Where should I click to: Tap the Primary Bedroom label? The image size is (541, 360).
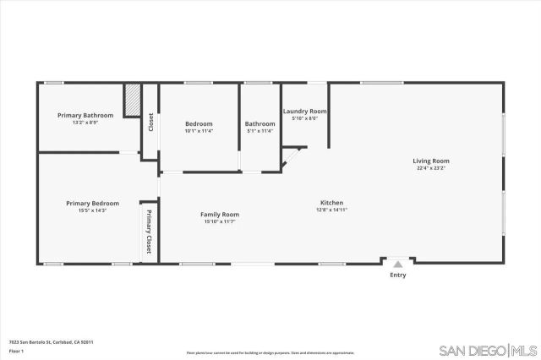click(x=92, y=203)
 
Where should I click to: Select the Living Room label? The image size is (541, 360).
click(x=430, y=161)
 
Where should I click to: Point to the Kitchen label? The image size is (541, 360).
click(x=331, y=203)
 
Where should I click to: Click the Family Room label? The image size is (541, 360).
click(x=219, y=214)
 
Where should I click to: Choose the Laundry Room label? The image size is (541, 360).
click(x=304, y=112)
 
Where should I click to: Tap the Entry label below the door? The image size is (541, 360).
click(x=397, y=275)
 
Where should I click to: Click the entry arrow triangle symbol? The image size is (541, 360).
click(x=397, y=264)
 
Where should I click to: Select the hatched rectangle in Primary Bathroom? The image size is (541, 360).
click(x=132, y=101)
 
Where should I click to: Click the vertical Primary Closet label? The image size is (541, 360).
click(x=149, y=232)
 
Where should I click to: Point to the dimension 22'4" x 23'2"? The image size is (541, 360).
click(x=430, y=168)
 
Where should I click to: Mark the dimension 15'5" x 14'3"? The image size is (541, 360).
click(x=92, y=210)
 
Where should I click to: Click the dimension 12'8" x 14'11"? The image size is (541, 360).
click(x=331, y=210)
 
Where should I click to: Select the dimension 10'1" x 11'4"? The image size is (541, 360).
click(x=199, y=131)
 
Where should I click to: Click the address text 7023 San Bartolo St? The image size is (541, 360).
click(x=50, y=341)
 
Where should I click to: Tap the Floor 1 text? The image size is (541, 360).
click(x=15, y=350)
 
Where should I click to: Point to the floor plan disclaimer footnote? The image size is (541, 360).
click(x=270, y=352)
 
